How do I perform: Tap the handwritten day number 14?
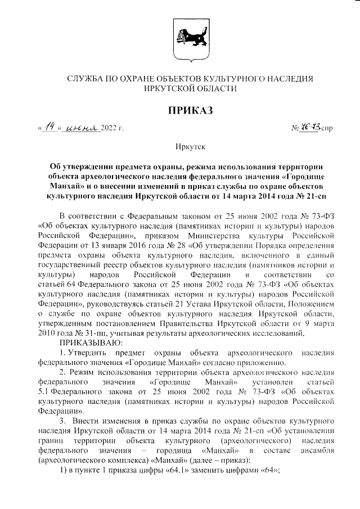click(x=50, y=128)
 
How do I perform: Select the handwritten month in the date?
click(x=82, y=129)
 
